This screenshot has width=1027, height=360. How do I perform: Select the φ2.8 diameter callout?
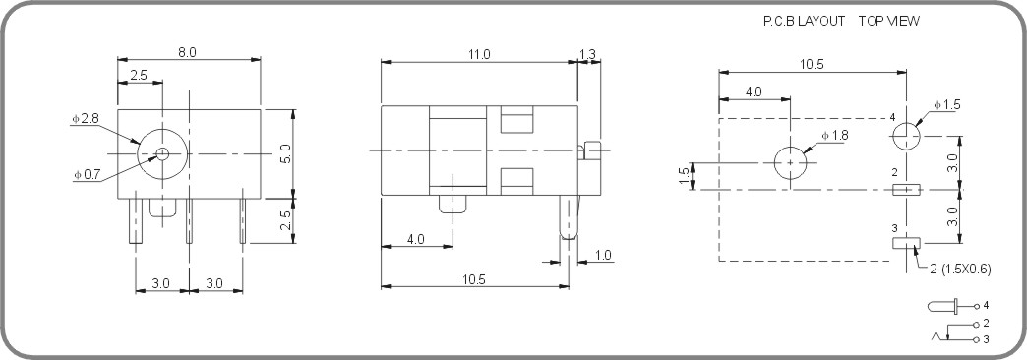tap(85, 119)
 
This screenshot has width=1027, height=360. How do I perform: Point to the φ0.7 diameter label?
tap(86, 174)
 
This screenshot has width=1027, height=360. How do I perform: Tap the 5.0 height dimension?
tap(285, 153)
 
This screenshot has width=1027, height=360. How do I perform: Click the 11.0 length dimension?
tap(479, 54)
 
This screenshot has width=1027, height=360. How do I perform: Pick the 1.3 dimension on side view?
tap(588, 54)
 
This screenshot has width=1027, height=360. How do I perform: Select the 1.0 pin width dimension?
tap(602, 256)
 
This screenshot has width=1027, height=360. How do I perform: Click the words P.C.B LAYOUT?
tap(802, 21)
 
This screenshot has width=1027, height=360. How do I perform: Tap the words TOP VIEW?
tap(889, 21)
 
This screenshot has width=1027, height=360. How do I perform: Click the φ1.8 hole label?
tap(834, 136)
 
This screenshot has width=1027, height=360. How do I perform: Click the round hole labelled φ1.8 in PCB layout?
tap(790, 163)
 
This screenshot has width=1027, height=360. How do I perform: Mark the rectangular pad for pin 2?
tap(906, 189)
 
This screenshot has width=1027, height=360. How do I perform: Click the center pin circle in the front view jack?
tap(162, 153)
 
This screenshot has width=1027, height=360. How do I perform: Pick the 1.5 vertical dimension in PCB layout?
tap(684, 175)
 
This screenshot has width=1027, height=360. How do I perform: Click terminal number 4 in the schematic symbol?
tap(985, 306)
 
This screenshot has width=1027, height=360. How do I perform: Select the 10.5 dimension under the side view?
tap(474, 279)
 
